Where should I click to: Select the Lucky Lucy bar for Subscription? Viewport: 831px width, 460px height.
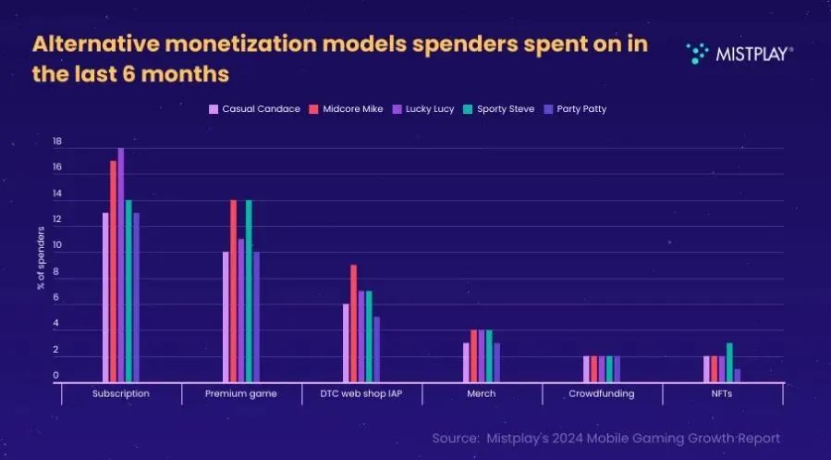[x=121, y=265]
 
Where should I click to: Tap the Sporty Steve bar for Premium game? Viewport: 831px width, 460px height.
[x=249, y=291]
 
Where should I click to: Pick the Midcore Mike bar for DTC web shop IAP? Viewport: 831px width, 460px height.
[x=353, y=323]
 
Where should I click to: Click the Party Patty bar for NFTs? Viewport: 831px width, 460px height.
[x=737, y=375]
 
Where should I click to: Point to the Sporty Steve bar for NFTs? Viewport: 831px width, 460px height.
[x=729, y=362]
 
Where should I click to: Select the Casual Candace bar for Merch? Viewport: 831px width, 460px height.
[x=467, y=362]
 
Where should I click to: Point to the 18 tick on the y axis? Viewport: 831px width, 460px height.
[x=57, y=143]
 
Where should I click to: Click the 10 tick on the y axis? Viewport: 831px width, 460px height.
[x=57, y=246]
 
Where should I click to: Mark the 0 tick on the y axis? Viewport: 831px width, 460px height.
[x=57, y=376]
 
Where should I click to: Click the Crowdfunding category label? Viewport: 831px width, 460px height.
[x=602, y=393]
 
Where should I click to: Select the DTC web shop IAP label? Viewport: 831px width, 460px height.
[x=361, y=393]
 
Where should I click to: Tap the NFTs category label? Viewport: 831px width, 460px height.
[x=722, y=393]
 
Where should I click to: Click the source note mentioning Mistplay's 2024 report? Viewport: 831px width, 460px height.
[x=605, y=438]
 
